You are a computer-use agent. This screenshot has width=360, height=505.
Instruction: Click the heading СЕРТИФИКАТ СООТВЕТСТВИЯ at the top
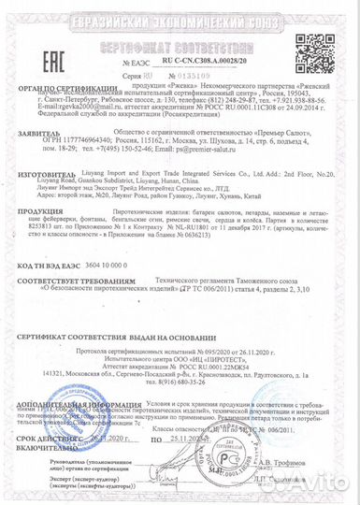(x=181, y=45)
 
